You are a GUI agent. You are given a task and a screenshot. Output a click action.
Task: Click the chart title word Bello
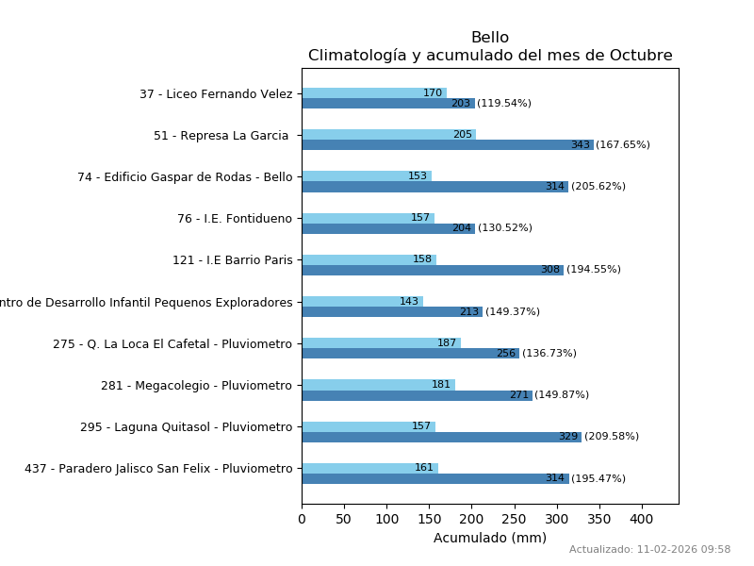point(490,38)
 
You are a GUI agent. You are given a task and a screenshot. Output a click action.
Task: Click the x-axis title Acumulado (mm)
point(490,538)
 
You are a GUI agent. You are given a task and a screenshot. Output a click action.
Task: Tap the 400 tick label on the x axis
point(642,518)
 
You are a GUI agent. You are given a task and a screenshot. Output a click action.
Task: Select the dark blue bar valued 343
point(448,145)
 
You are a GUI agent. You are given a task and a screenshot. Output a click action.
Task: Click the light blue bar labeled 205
point(388,135)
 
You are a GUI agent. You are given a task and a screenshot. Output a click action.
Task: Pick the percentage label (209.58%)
point(612,437)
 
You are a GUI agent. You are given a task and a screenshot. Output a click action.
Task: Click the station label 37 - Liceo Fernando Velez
point(216,94)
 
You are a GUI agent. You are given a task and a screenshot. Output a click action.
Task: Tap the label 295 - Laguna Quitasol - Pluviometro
point(187,427)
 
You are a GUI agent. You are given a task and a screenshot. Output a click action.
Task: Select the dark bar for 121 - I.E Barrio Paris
point(433,270)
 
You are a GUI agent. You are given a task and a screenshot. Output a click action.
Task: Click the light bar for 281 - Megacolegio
point(378,385)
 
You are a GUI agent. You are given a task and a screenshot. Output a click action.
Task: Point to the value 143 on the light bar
point(409,302)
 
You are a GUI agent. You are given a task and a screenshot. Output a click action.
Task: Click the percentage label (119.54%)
point(504,104)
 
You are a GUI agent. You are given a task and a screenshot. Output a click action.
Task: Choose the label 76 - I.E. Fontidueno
point(235,219)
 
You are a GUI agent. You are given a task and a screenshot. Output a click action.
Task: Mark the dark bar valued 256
point(410,354)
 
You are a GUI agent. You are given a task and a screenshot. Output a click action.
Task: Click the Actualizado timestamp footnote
point(649,550)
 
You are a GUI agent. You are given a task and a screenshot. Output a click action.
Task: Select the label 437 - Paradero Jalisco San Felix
point(158,469)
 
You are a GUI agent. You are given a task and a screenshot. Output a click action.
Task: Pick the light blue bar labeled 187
point(381,343)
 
